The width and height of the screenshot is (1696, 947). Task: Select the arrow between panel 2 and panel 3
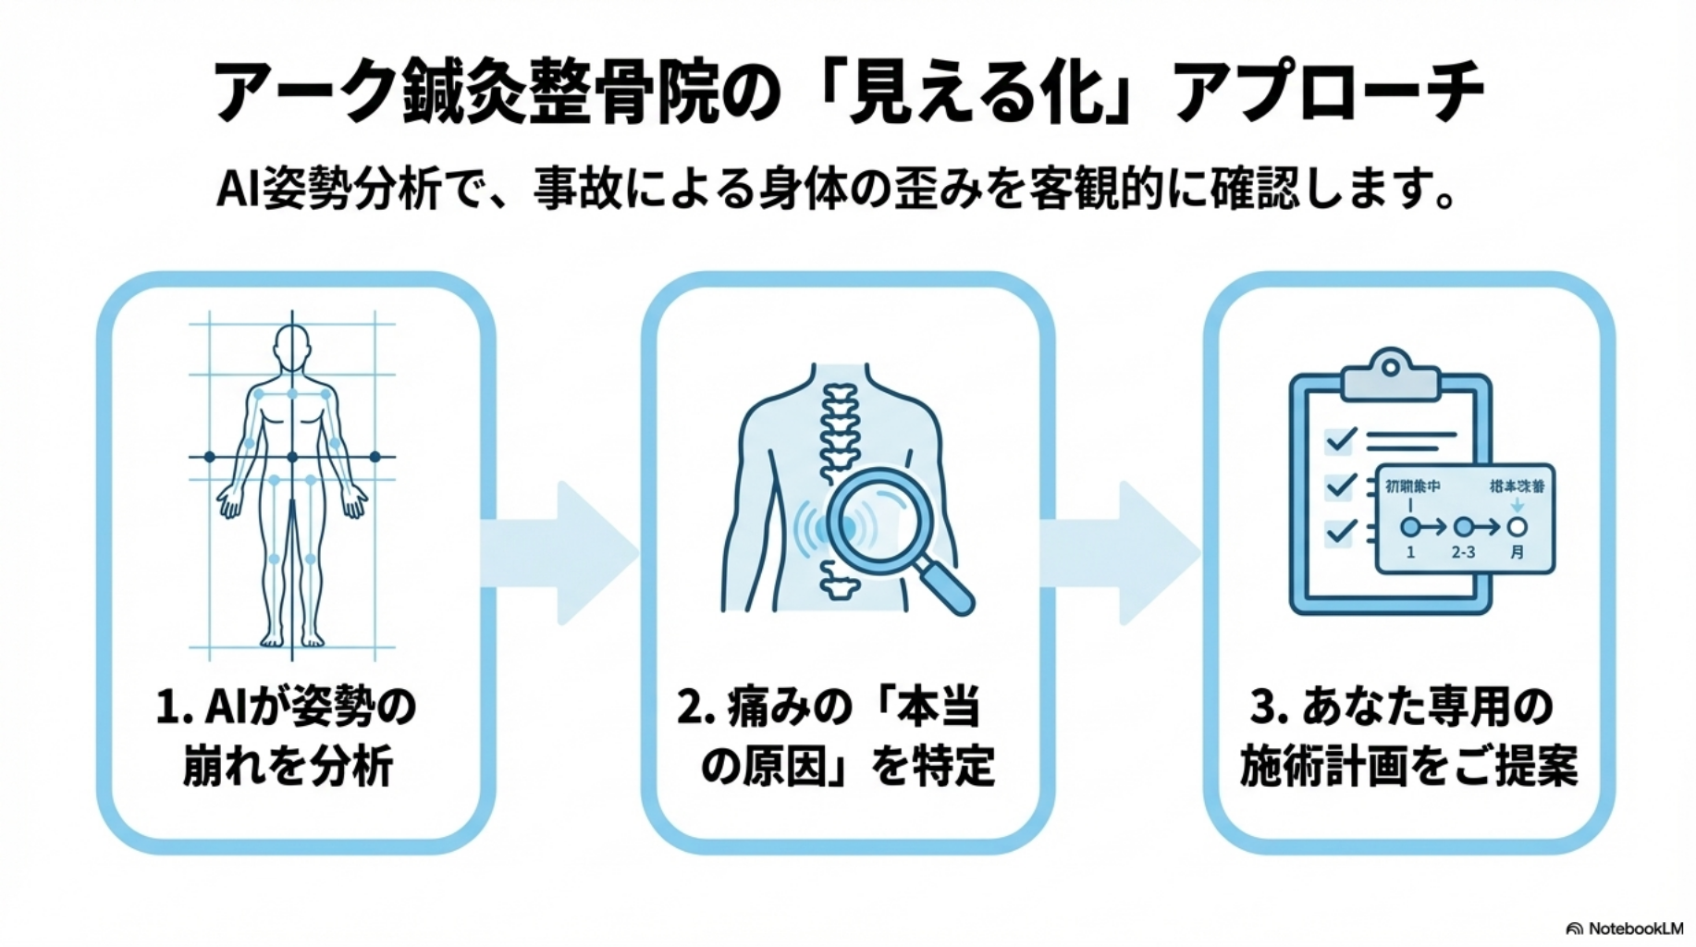tap(1121, 553)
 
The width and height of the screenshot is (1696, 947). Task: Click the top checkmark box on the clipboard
tap(1340, 439)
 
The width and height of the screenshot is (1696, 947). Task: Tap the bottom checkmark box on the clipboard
tap(1340, 532)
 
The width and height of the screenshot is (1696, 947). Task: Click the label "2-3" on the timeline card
tap(1463, 552)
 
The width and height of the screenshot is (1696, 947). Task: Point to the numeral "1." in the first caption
tap(172, 708)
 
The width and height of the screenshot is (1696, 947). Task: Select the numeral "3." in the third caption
tap(1268, 708)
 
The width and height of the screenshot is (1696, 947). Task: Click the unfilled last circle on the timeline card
tap(1517, 527)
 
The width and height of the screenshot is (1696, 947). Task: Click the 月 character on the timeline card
tap(1517, 552)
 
